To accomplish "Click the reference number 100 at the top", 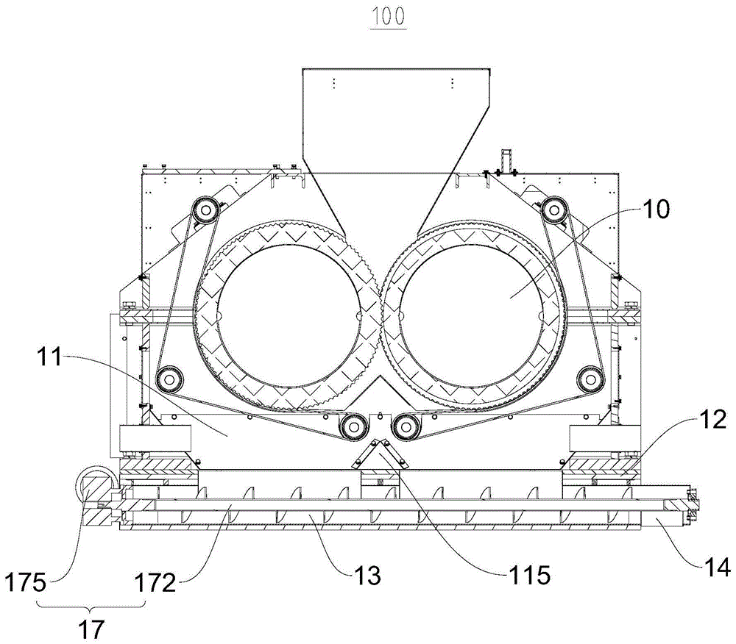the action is pyautogui.click(x=389, y=17).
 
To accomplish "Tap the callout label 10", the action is pyautogui.click(x=656, y=210).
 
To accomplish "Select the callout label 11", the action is pyautogui.click(x=49, y=357).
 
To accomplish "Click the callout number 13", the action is pyautogui.click(x=367, y=575).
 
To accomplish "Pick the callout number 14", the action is pyautogui.click(x=718, y=567).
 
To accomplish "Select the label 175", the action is pyautogui.click(x=25, y=582).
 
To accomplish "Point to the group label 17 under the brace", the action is pyautogui.click(x=91, y=629).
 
